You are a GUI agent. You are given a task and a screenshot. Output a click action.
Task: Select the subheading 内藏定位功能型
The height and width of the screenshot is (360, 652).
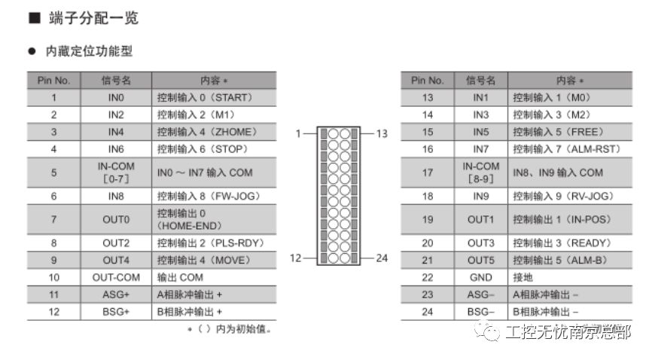pos(90,52)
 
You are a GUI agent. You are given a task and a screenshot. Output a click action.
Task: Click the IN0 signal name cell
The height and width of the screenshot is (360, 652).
pos(116,98)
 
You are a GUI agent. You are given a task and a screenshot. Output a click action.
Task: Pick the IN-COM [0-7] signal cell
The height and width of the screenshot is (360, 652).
pos(116,172)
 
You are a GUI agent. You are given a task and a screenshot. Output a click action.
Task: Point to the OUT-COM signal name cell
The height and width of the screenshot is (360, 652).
pos(116,277)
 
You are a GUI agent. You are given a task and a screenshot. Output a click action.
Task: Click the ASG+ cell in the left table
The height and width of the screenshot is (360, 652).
pos(116,294)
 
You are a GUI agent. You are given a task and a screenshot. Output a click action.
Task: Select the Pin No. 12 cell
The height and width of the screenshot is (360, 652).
pos(53,311)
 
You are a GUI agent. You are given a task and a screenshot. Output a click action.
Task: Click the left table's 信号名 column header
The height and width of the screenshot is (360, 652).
pos(116,81)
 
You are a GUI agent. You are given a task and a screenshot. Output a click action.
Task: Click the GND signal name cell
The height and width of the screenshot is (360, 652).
pos(480,277)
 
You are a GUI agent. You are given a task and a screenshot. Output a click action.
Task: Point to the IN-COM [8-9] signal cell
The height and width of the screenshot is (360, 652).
pos(480,172)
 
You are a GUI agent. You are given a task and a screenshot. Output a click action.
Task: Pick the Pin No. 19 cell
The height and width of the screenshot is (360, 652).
pos(427,220)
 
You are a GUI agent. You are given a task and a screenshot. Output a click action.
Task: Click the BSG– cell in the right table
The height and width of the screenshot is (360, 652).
pos(480,311)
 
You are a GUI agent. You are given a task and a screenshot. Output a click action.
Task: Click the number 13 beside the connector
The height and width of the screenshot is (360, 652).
pos(382,133)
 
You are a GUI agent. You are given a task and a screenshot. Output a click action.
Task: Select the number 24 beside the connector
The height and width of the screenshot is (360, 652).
pos(382,258)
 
